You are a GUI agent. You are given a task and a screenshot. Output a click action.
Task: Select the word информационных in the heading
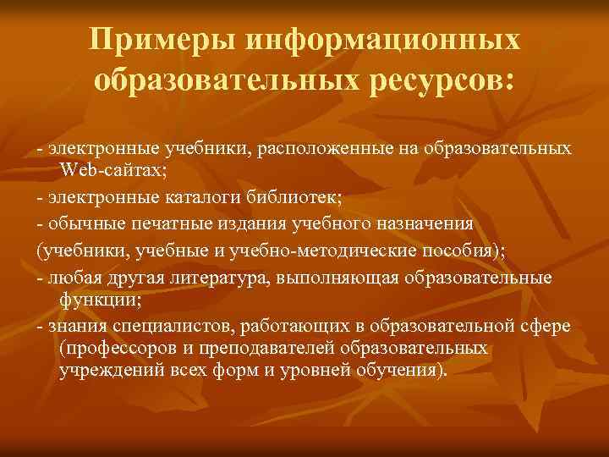pyautogui.click(x=385, y=41)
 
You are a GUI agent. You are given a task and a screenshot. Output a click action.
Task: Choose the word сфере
pyautogui.click(x=542, y=327)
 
